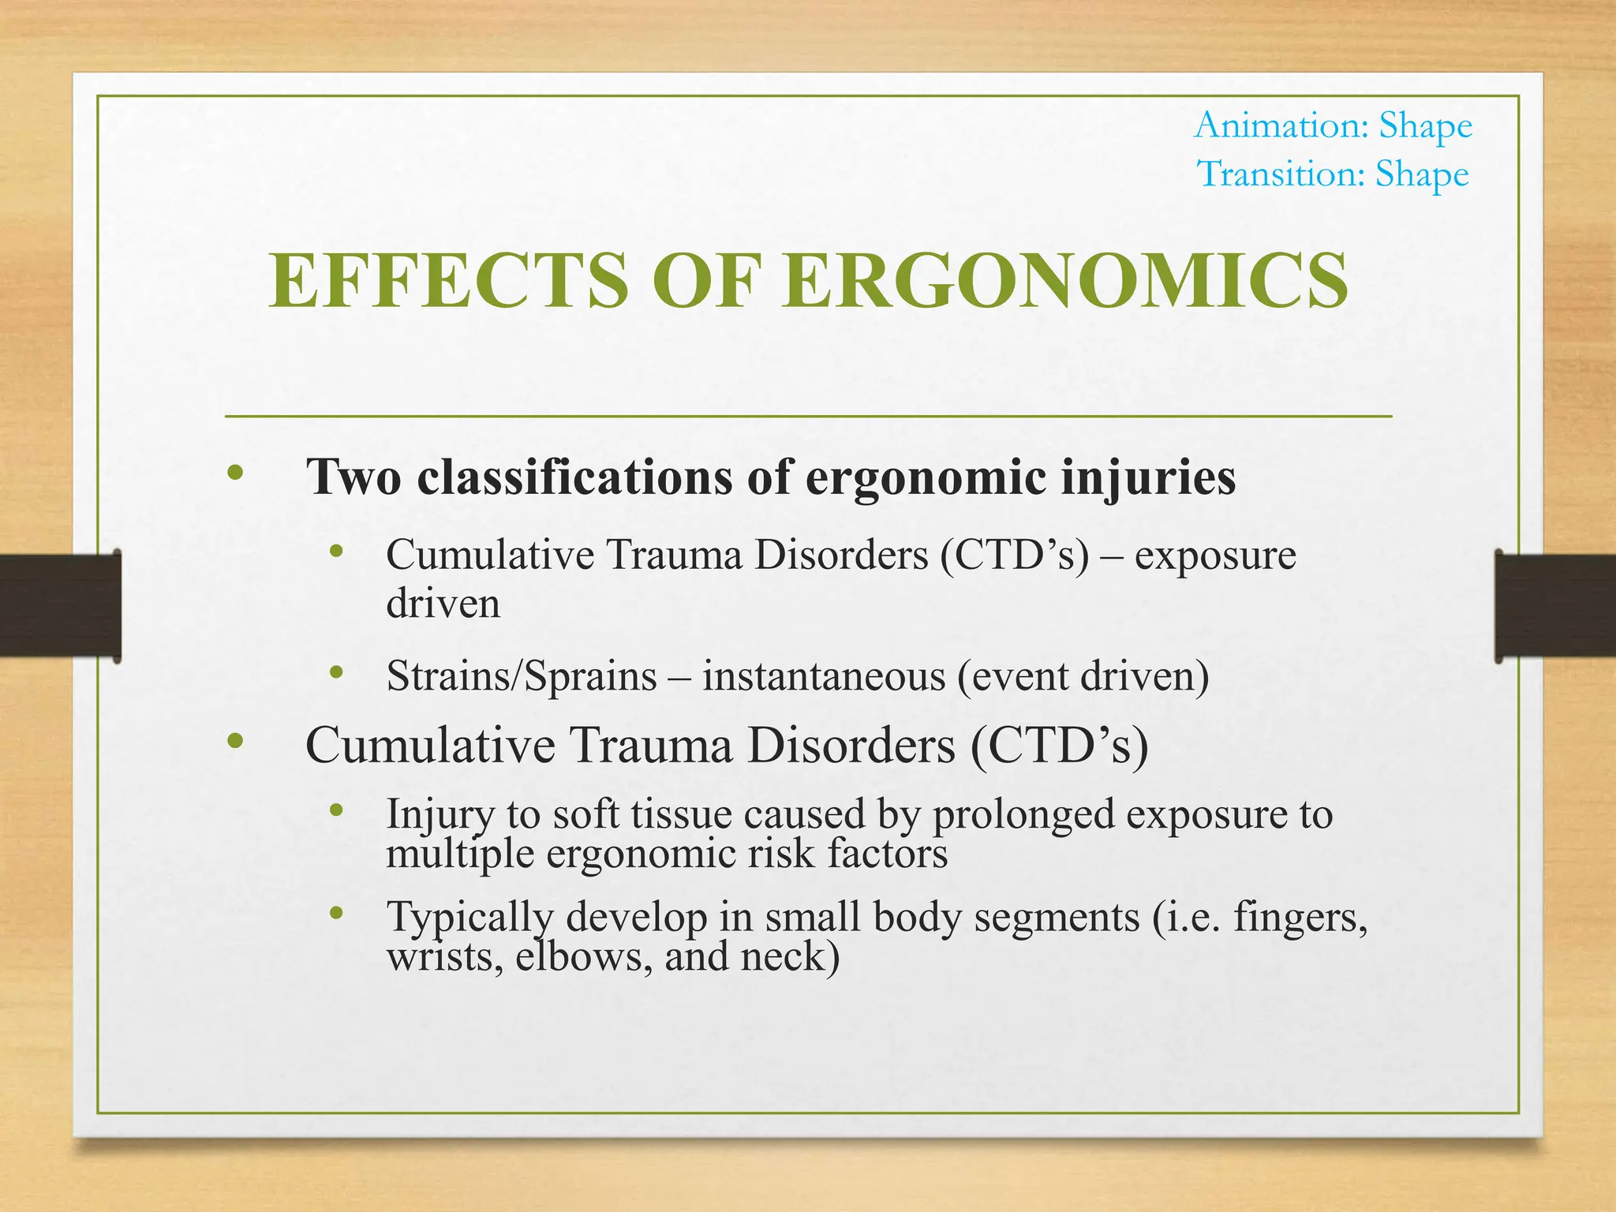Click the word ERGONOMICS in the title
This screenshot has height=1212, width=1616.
[1065, 281]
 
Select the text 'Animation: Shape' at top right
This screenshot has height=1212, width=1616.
[1333, 125]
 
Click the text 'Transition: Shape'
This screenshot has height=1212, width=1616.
[1333, 174]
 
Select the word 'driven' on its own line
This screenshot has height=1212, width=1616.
[443, 604]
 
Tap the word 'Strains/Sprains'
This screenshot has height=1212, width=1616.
[522, 676]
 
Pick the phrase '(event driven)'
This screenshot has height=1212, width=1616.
[1083, 676]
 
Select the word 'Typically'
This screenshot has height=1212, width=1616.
[469, 918]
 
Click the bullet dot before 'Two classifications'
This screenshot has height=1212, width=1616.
[234, 473]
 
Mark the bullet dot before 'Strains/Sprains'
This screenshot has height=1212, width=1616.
[337, 672]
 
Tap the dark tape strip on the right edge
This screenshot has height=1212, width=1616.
[1554, 605]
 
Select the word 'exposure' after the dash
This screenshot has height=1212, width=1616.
[1215, 555]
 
